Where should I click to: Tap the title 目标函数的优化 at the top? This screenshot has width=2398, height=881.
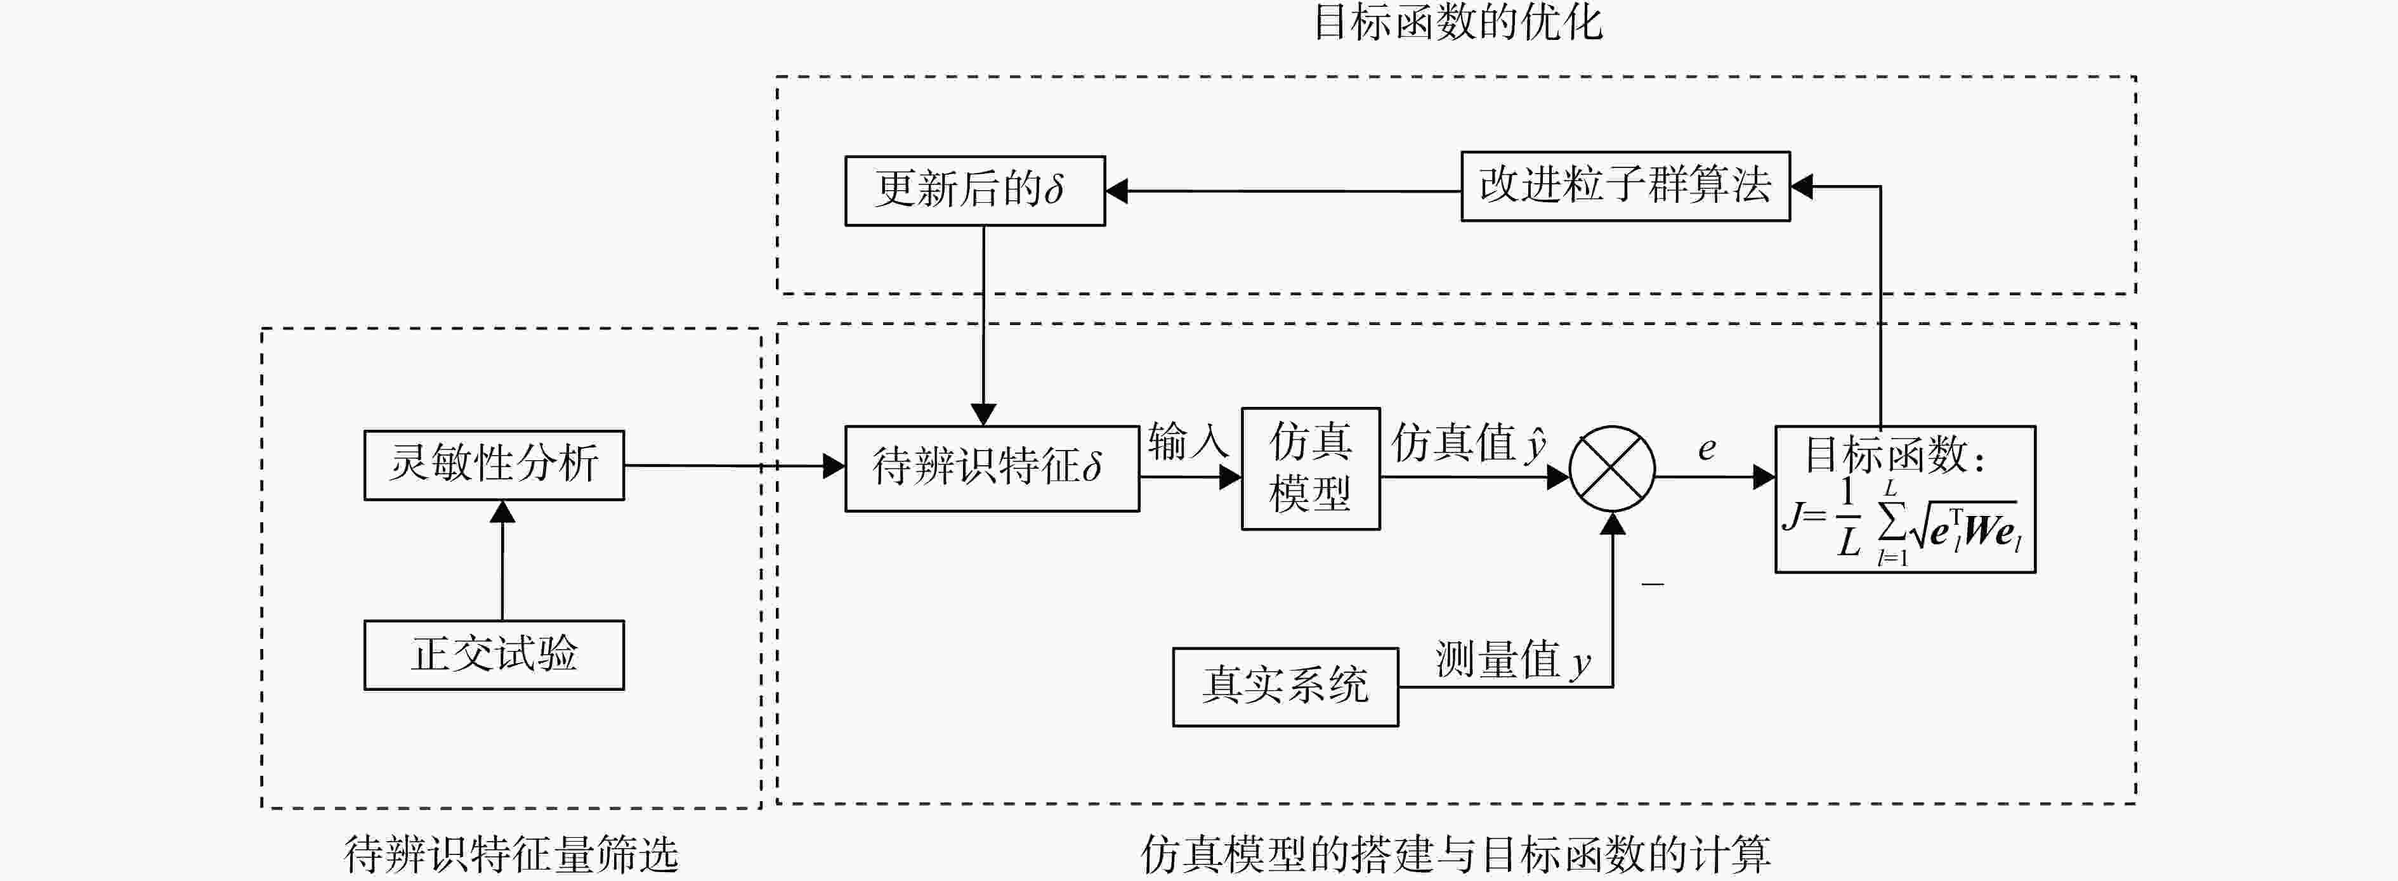point(1458,22)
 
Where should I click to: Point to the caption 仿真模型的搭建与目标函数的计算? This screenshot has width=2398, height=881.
point(1456,853)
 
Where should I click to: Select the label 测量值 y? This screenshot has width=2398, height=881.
point(1513,660)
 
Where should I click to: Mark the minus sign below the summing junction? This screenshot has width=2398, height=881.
point(1653,583)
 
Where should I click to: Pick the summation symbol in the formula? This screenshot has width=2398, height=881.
point(1890,523)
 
